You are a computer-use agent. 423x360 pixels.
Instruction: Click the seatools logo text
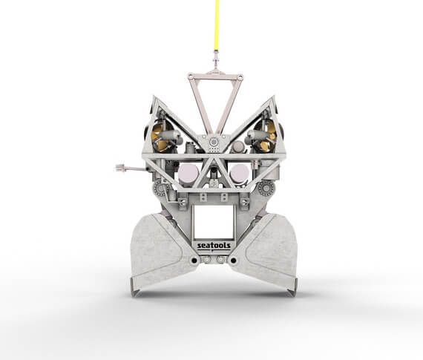(x=214, y=246)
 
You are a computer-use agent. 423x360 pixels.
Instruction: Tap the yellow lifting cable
(x=217, y=25)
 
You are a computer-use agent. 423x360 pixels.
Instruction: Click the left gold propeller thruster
(x=162, y=135)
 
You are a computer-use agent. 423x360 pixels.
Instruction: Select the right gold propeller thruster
(x=265, y=135)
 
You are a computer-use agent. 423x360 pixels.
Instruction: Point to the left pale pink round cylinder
(x=188, y=173)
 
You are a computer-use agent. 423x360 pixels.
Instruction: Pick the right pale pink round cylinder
(x=239, y=173)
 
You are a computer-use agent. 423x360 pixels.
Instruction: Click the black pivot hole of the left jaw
(x=194, y=261)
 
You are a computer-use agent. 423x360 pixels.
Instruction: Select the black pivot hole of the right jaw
(x=233, y=261)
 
